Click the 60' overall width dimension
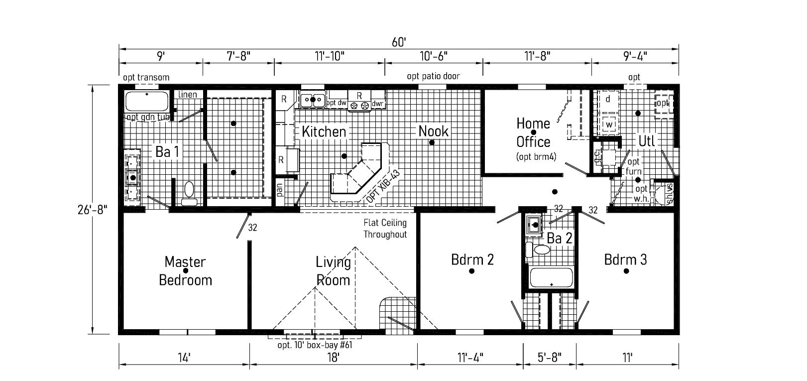399,42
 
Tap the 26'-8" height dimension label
93,210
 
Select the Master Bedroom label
185,271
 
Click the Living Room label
333,271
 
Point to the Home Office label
533,133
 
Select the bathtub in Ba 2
551,278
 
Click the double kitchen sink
313,99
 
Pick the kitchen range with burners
359,101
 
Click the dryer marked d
608,99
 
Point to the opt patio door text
433,76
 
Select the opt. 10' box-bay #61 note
315,345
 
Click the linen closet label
188,95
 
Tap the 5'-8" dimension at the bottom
550,357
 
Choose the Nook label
433,131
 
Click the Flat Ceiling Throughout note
385,229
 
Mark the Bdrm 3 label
625,259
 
